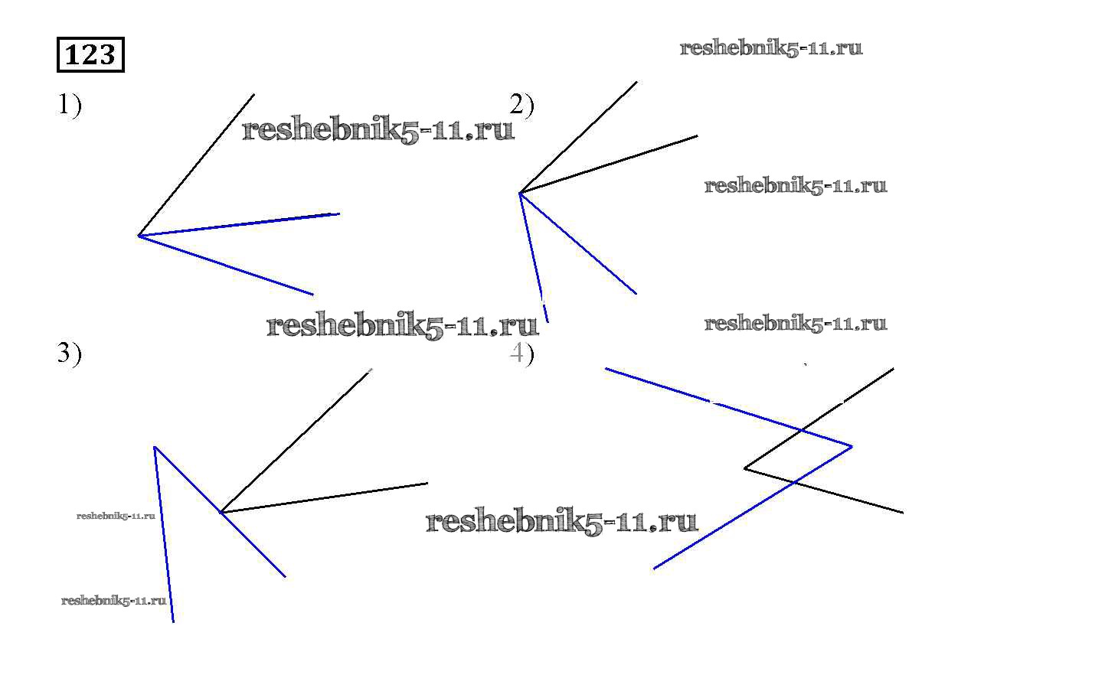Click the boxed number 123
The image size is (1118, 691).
click(x=90, y=55)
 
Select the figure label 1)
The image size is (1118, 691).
click(x=70, y=104)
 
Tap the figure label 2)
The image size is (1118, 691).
click(x=522, y=104)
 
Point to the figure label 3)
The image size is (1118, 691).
click(x=70, y=353)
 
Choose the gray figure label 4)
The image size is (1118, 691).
click(x=522, y=353)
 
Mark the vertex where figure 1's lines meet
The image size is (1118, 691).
click(x=139, y=236)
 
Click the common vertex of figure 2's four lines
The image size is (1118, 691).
click(x=520, y=193)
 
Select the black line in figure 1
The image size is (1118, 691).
click(x=196, y=165)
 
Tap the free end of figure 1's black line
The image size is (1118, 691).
click(x=253, y=95)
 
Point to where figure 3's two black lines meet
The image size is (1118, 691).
click(x=221, y=512)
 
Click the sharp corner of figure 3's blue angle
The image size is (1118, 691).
click(x=155, y=447)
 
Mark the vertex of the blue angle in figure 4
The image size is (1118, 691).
click(x=852, y=446)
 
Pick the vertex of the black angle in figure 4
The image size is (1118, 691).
click(x=745, y=468)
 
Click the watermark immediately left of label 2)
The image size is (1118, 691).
click(x=378, y=130)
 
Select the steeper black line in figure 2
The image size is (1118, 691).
click(x=578, y=137)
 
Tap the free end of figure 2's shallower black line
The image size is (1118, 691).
click(x=697, y=136)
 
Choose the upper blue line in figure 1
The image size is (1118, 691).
click(x=239, y=225)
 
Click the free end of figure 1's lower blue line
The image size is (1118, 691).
click(x=312, y=294)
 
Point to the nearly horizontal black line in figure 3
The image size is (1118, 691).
click(x=324, y=497)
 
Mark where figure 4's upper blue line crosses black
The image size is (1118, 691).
click(x=802, y=431)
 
